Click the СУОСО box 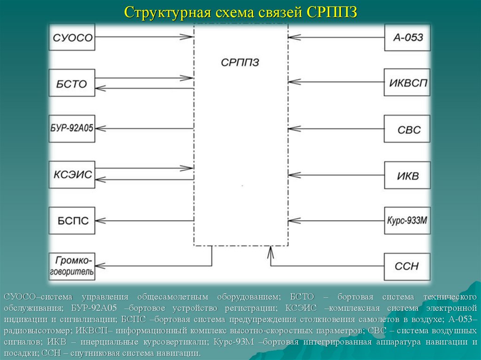click(72, 37)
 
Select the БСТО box click(72, 83)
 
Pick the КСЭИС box click(72, 175)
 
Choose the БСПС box click(72, 221)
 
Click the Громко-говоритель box click(72, 266)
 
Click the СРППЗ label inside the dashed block click(240, 62)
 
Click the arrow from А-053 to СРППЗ click(336, 37)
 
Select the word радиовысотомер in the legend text click(29, 330)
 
